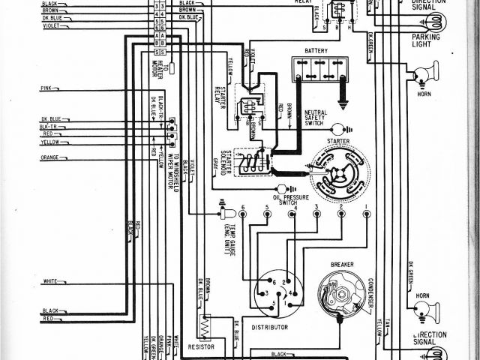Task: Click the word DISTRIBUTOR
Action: (270, 327)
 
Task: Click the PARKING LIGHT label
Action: (425, 39)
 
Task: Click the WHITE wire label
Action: (50, 281)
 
